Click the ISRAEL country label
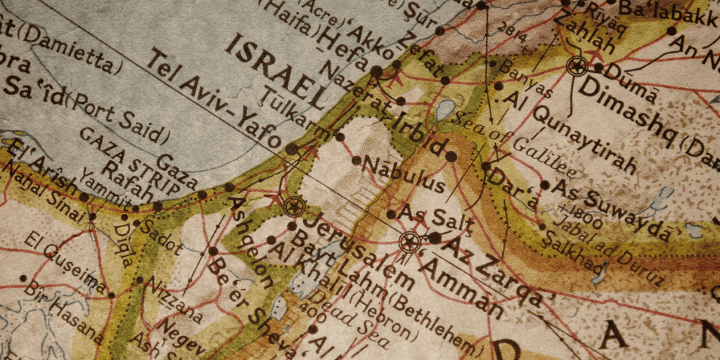coord(275,67)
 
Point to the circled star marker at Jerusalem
coord(294,207)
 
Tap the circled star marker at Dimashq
coord(577,67)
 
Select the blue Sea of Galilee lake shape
coord(444,110)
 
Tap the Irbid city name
coord(418,133)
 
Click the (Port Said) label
coord(115,117)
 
